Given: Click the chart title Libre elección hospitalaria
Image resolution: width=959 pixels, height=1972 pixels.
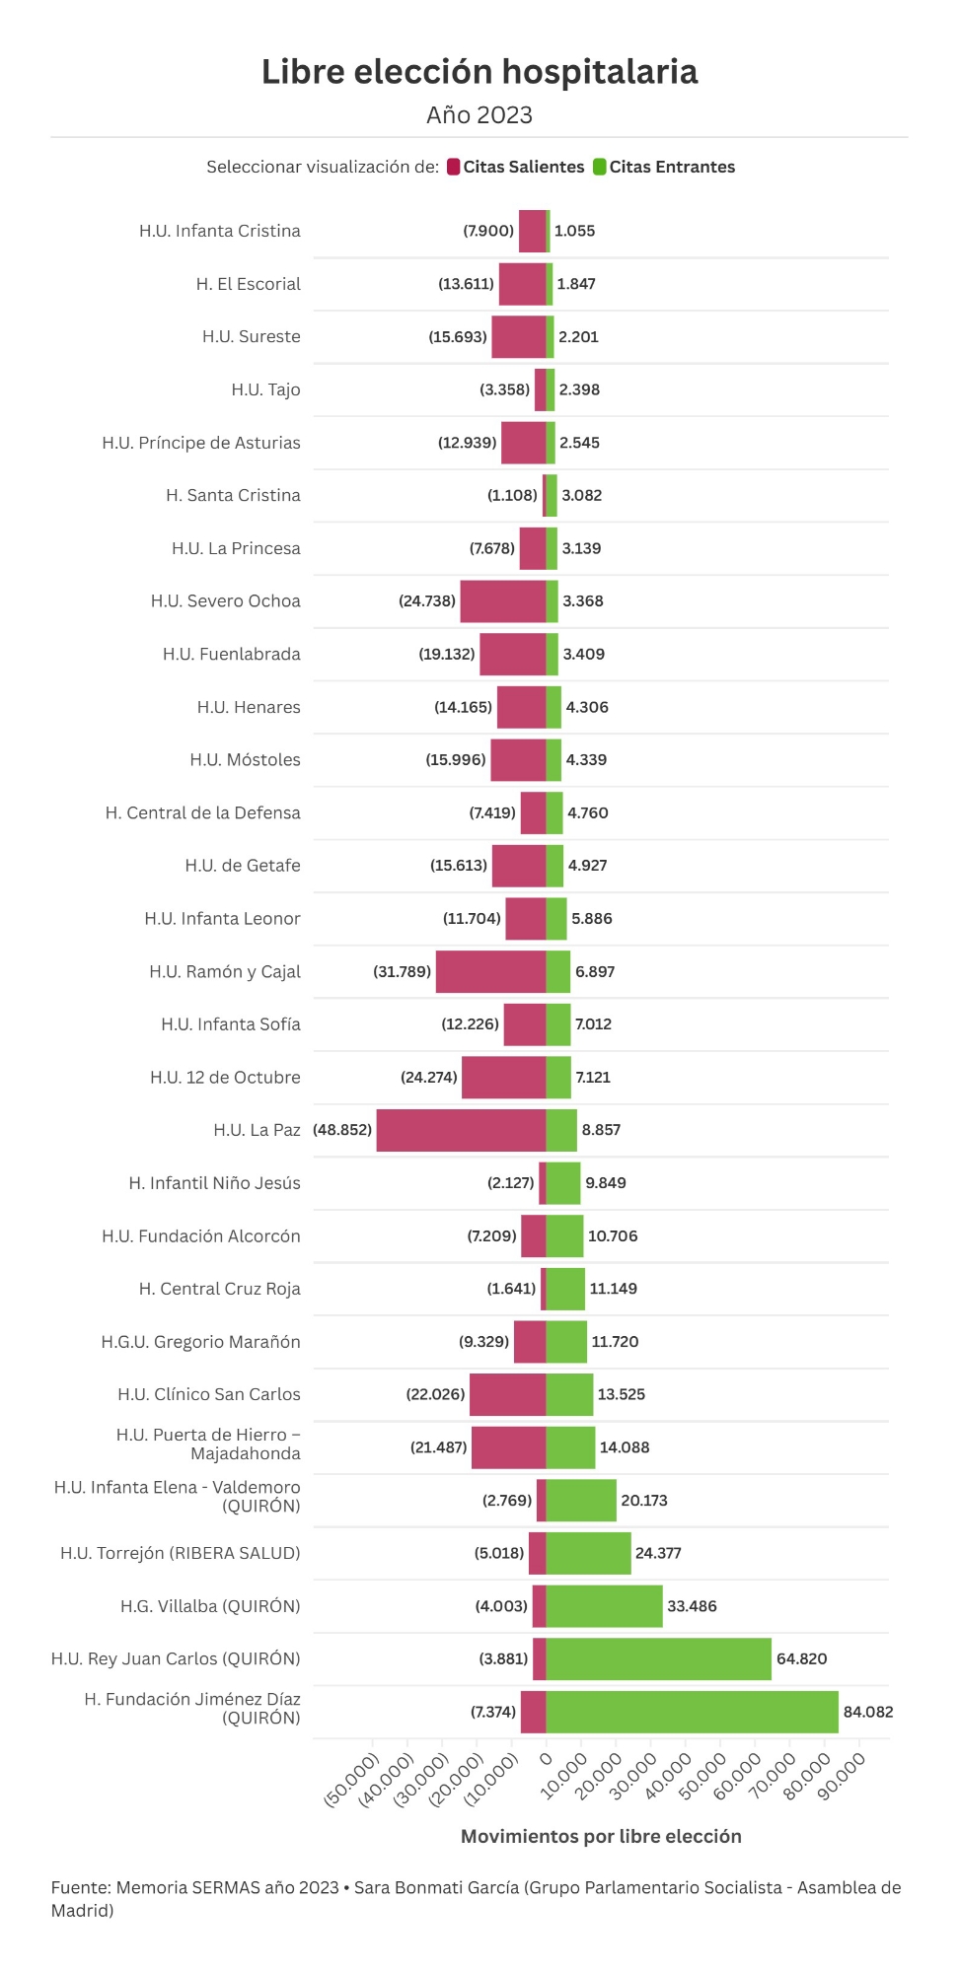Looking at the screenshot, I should pos(479,72).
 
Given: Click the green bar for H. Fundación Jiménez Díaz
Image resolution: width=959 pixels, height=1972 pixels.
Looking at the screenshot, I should pos(692,1712).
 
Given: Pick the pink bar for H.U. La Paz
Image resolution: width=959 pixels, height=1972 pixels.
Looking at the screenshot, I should pos(461,1130).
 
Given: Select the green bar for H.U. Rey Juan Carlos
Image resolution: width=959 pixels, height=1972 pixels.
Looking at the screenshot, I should pos(658,1658).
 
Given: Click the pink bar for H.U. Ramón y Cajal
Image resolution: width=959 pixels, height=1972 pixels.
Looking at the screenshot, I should pos(490,971).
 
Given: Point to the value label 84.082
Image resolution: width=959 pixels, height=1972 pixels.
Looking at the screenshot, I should pos(867,1712).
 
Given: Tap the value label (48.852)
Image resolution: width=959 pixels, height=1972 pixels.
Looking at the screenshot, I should pos(342,1130).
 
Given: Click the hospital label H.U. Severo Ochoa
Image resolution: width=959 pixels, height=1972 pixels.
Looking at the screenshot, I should pos(225,600).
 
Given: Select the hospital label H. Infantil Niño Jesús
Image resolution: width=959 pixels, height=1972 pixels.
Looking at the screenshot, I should pos(214,1182).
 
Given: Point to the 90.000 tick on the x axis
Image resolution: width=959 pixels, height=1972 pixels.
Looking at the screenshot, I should pos(842,1776).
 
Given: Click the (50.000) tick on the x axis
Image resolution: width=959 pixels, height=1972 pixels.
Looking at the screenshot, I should pos(352,1780).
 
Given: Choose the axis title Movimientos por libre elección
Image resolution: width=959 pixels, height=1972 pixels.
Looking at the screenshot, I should pos(601,1836).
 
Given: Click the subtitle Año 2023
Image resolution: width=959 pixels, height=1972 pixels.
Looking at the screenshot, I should pos(479,115).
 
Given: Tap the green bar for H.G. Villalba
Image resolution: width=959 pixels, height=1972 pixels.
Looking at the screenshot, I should pos(604,1606).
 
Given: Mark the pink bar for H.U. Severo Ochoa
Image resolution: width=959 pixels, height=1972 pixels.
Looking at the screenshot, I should pos(503,600).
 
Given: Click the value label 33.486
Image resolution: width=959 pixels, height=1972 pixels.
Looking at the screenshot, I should pos(692,1606).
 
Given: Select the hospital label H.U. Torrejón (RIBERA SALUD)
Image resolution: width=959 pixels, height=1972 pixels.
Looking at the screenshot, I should pos(180,1553).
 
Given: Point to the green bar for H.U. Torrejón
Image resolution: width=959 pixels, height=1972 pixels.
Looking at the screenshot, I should pos(588,1553).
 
